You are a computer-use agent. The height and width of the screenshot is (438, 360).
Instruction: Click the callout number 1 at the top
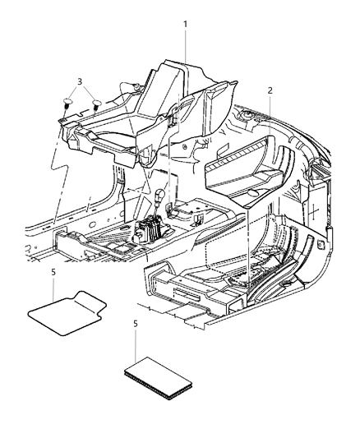coord(186,25)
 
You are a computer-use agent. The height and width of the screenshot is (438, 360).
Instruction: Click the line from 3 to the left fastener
coord(75,92)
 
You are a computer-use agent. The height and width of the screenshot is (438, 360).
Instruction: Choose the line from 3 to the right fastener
coord(89,93)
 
